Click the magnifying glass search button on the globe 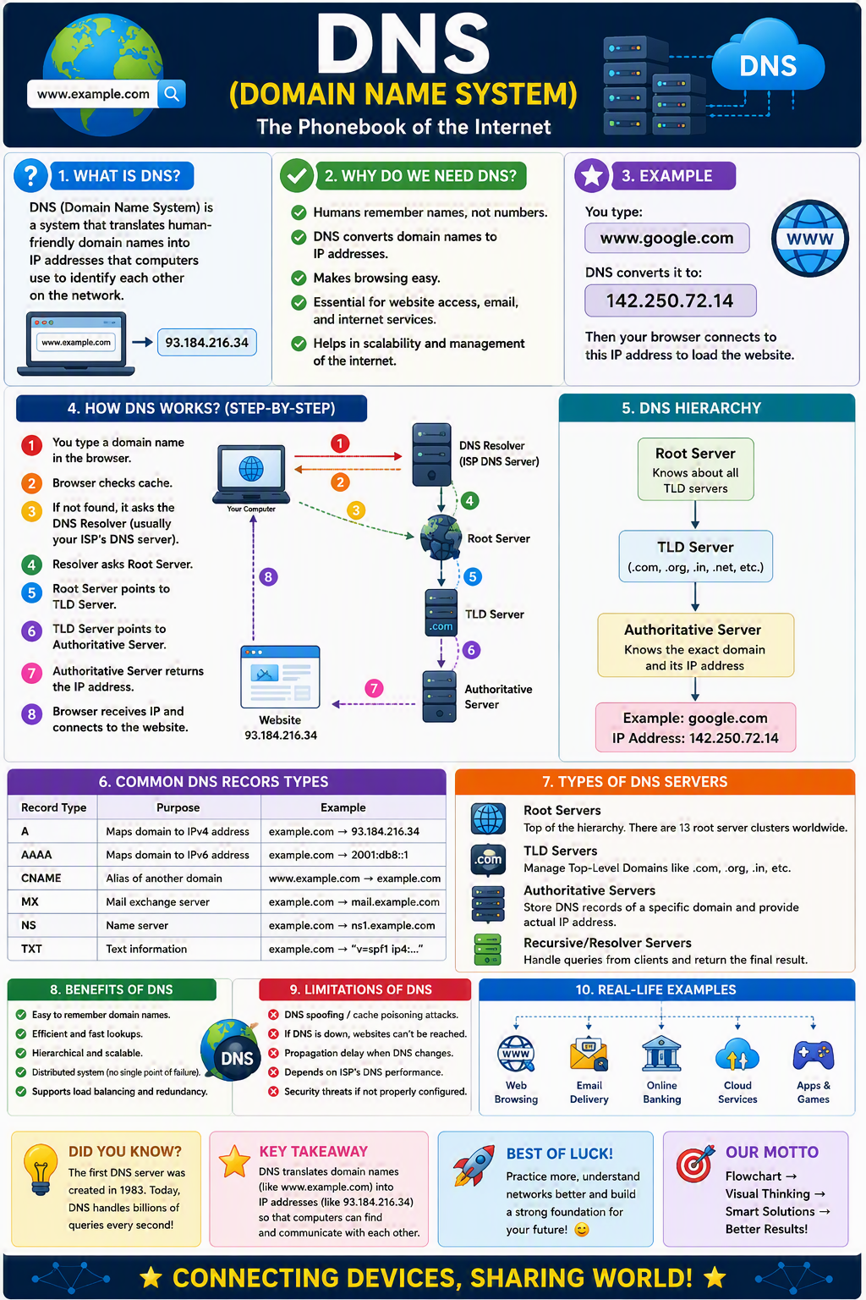[172, 93]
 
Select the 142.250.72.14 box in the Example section [670, 300]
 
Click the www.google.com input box [666, 238]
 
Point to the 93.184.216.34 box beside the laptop [206, 343]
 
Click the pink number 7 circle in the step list [31, 673]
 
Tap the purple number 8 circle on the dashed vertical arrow [268, 577]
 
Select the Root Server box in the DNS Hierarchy [695, 470]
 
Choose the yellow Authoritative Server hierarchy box [695, 646]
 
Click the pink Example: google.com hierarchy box [695, 728]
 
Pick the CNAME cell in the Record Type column [41, 878]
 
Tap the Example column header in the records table [343, 807]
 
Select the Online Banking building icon [661, 1054]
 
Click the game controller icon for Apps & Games [814, 1055]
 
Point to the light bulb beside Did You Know [40, 1169]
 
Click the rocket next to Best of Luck [474, 1165]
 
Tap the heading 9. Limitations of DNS [361, 989]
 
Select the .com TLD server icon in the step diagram [441, 613]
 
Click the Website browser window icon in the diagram [280, 677]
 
